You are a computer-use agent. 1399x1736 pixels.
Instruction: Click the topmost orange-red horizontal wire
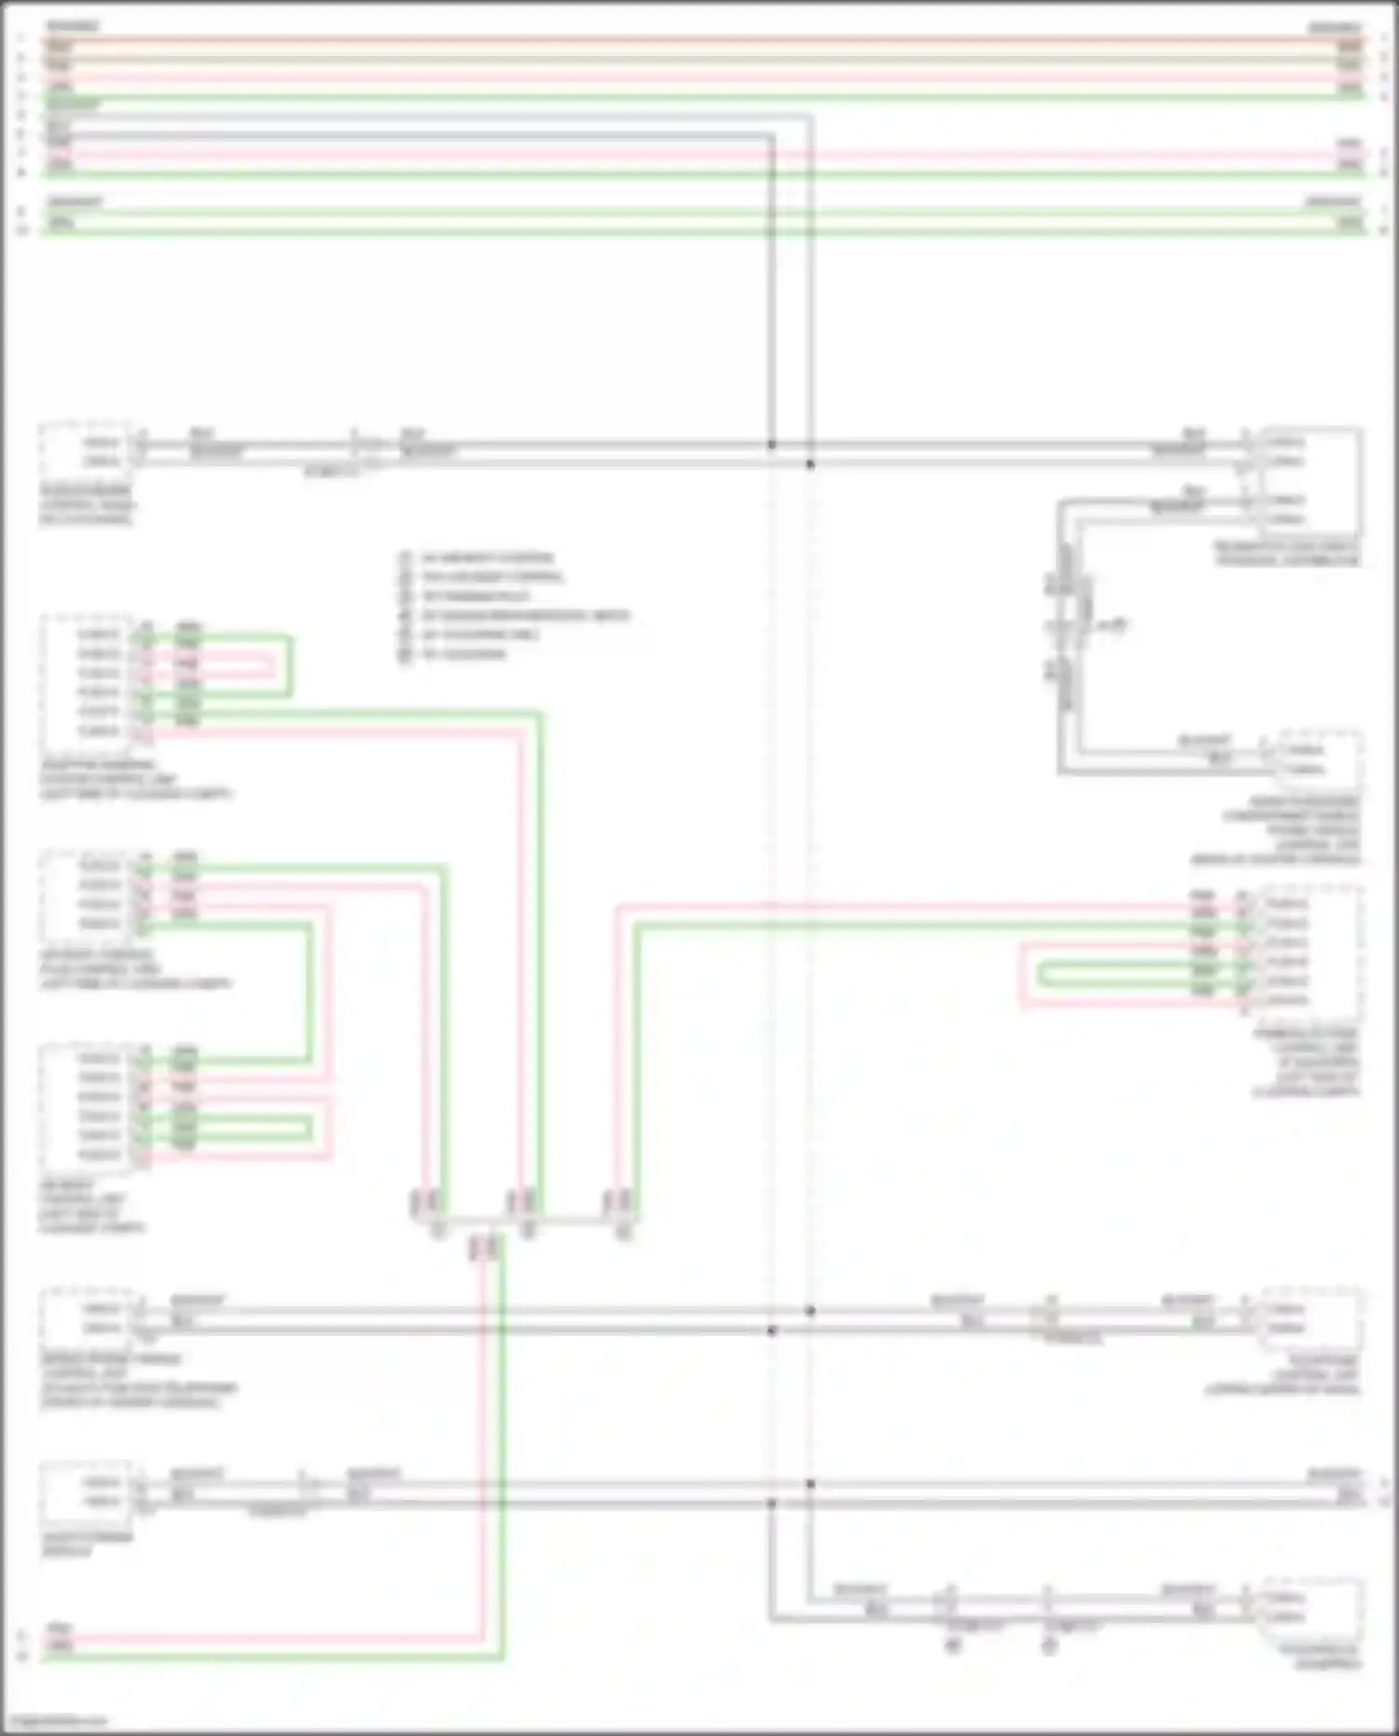[x=699, y=40]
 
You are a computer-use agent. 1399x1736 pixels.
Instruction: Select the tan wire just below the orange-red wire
[x=699, y=58]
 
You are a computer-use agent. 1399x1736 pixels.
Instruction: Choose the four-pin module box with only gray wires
[x=1306, y=480]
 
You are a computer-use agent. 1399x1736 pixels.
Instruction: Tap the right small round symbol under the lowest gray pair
[x=1049, y=1646]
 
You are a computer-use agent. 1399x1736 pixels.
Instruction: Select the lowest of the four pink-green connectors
[x=486, y=1248]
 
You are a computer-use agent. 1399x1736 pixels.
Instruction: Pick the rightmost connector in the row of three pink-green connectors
[x=618, y=1203]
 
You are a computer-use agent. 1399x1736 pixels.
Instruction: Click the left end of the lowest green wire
[x=47, y=1658]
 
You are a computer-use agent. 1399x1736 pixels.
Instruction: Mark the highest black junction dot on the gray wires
[x=771, y=445]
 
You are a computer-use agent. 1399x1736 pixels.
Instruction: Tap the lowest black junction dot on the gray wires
[x=771, y=1503]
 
